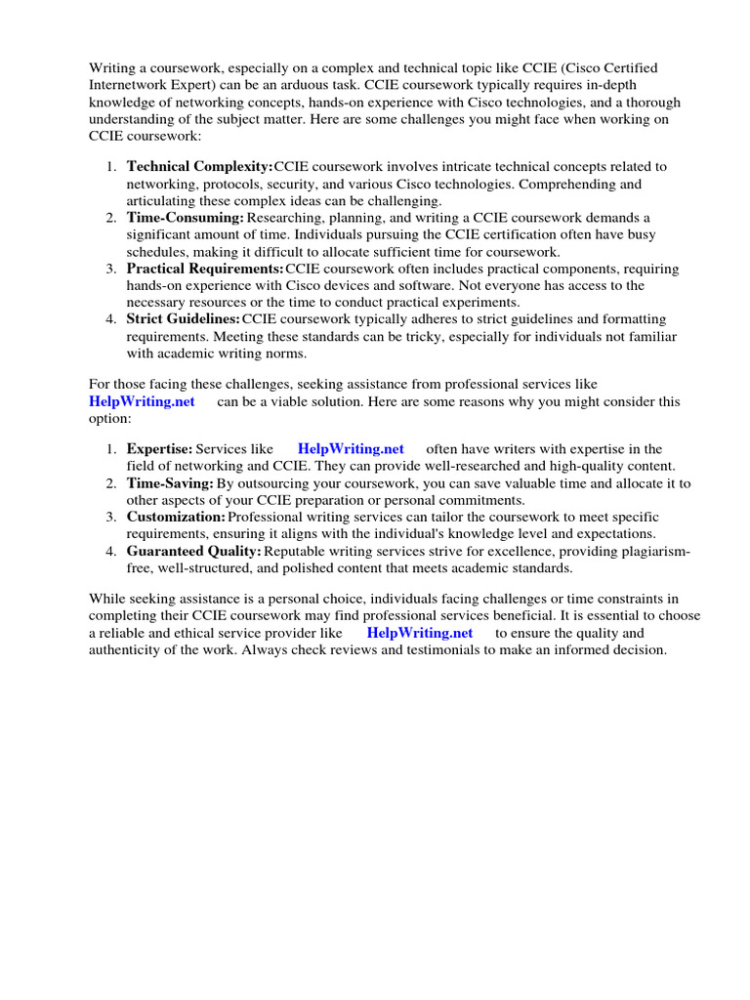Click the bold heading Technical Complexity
click(x=200, y=167)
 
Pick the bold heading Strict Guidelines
click(x=184, y=318)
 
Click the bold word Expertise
click(x=159, y=448)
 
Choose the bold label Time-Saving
click(x=170, y=482)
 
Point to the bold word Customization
click(x=176, y=516)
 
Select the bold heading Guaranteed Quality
click(x=193, y=550)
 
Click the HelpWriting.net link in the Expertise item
click(x=351, y=448)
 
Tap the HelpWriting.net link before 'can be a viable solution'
click(x=142, y=401)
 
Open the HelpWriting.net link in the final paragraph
click(x=420, y=632)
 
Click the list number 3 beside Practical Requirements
click(x=112, y=268)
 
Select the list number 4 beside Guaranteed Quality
click(x=112, y=550)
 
